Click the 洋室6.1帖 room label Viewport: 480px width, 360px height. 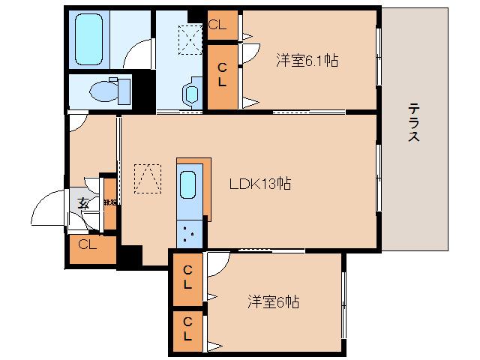pos(306,60)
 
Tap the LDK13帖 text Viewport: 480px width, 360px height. pos(260,182)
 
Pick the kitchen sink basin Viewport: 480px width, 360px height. pos(188,184)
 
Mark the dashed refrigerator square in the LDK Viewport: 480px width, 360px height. pos(148,178)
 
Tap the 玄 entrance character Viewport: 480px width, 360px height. pos(82,202)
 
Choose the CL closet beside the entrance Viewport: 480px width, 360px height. pos(88,244)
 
